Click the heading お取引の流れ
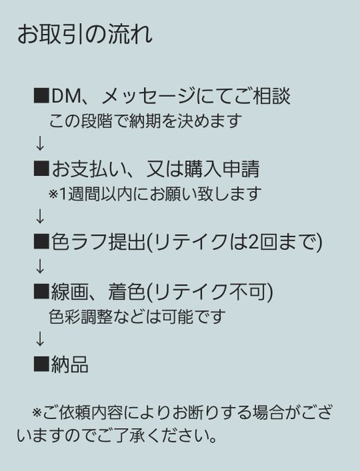[x=85, y=34]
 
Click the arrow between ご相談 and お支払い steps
[x=39, y=143]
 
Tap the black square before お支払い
[x=41, y=168]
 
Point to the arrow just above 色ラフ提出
[x=39, y=217]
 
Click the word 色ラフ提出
[x=98, y=242]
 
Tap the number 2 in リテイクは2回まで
[x=253, y=242]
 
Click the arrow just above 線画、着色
[x=39, y=266]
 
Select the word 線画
[x=70, y=292]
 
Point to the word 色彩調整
[x=80, y=317]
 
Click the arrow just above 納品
[x=39, y=339]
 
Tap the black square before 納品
[x=41, y=364]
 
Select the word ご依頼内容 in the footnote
[x=83, y=412]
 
